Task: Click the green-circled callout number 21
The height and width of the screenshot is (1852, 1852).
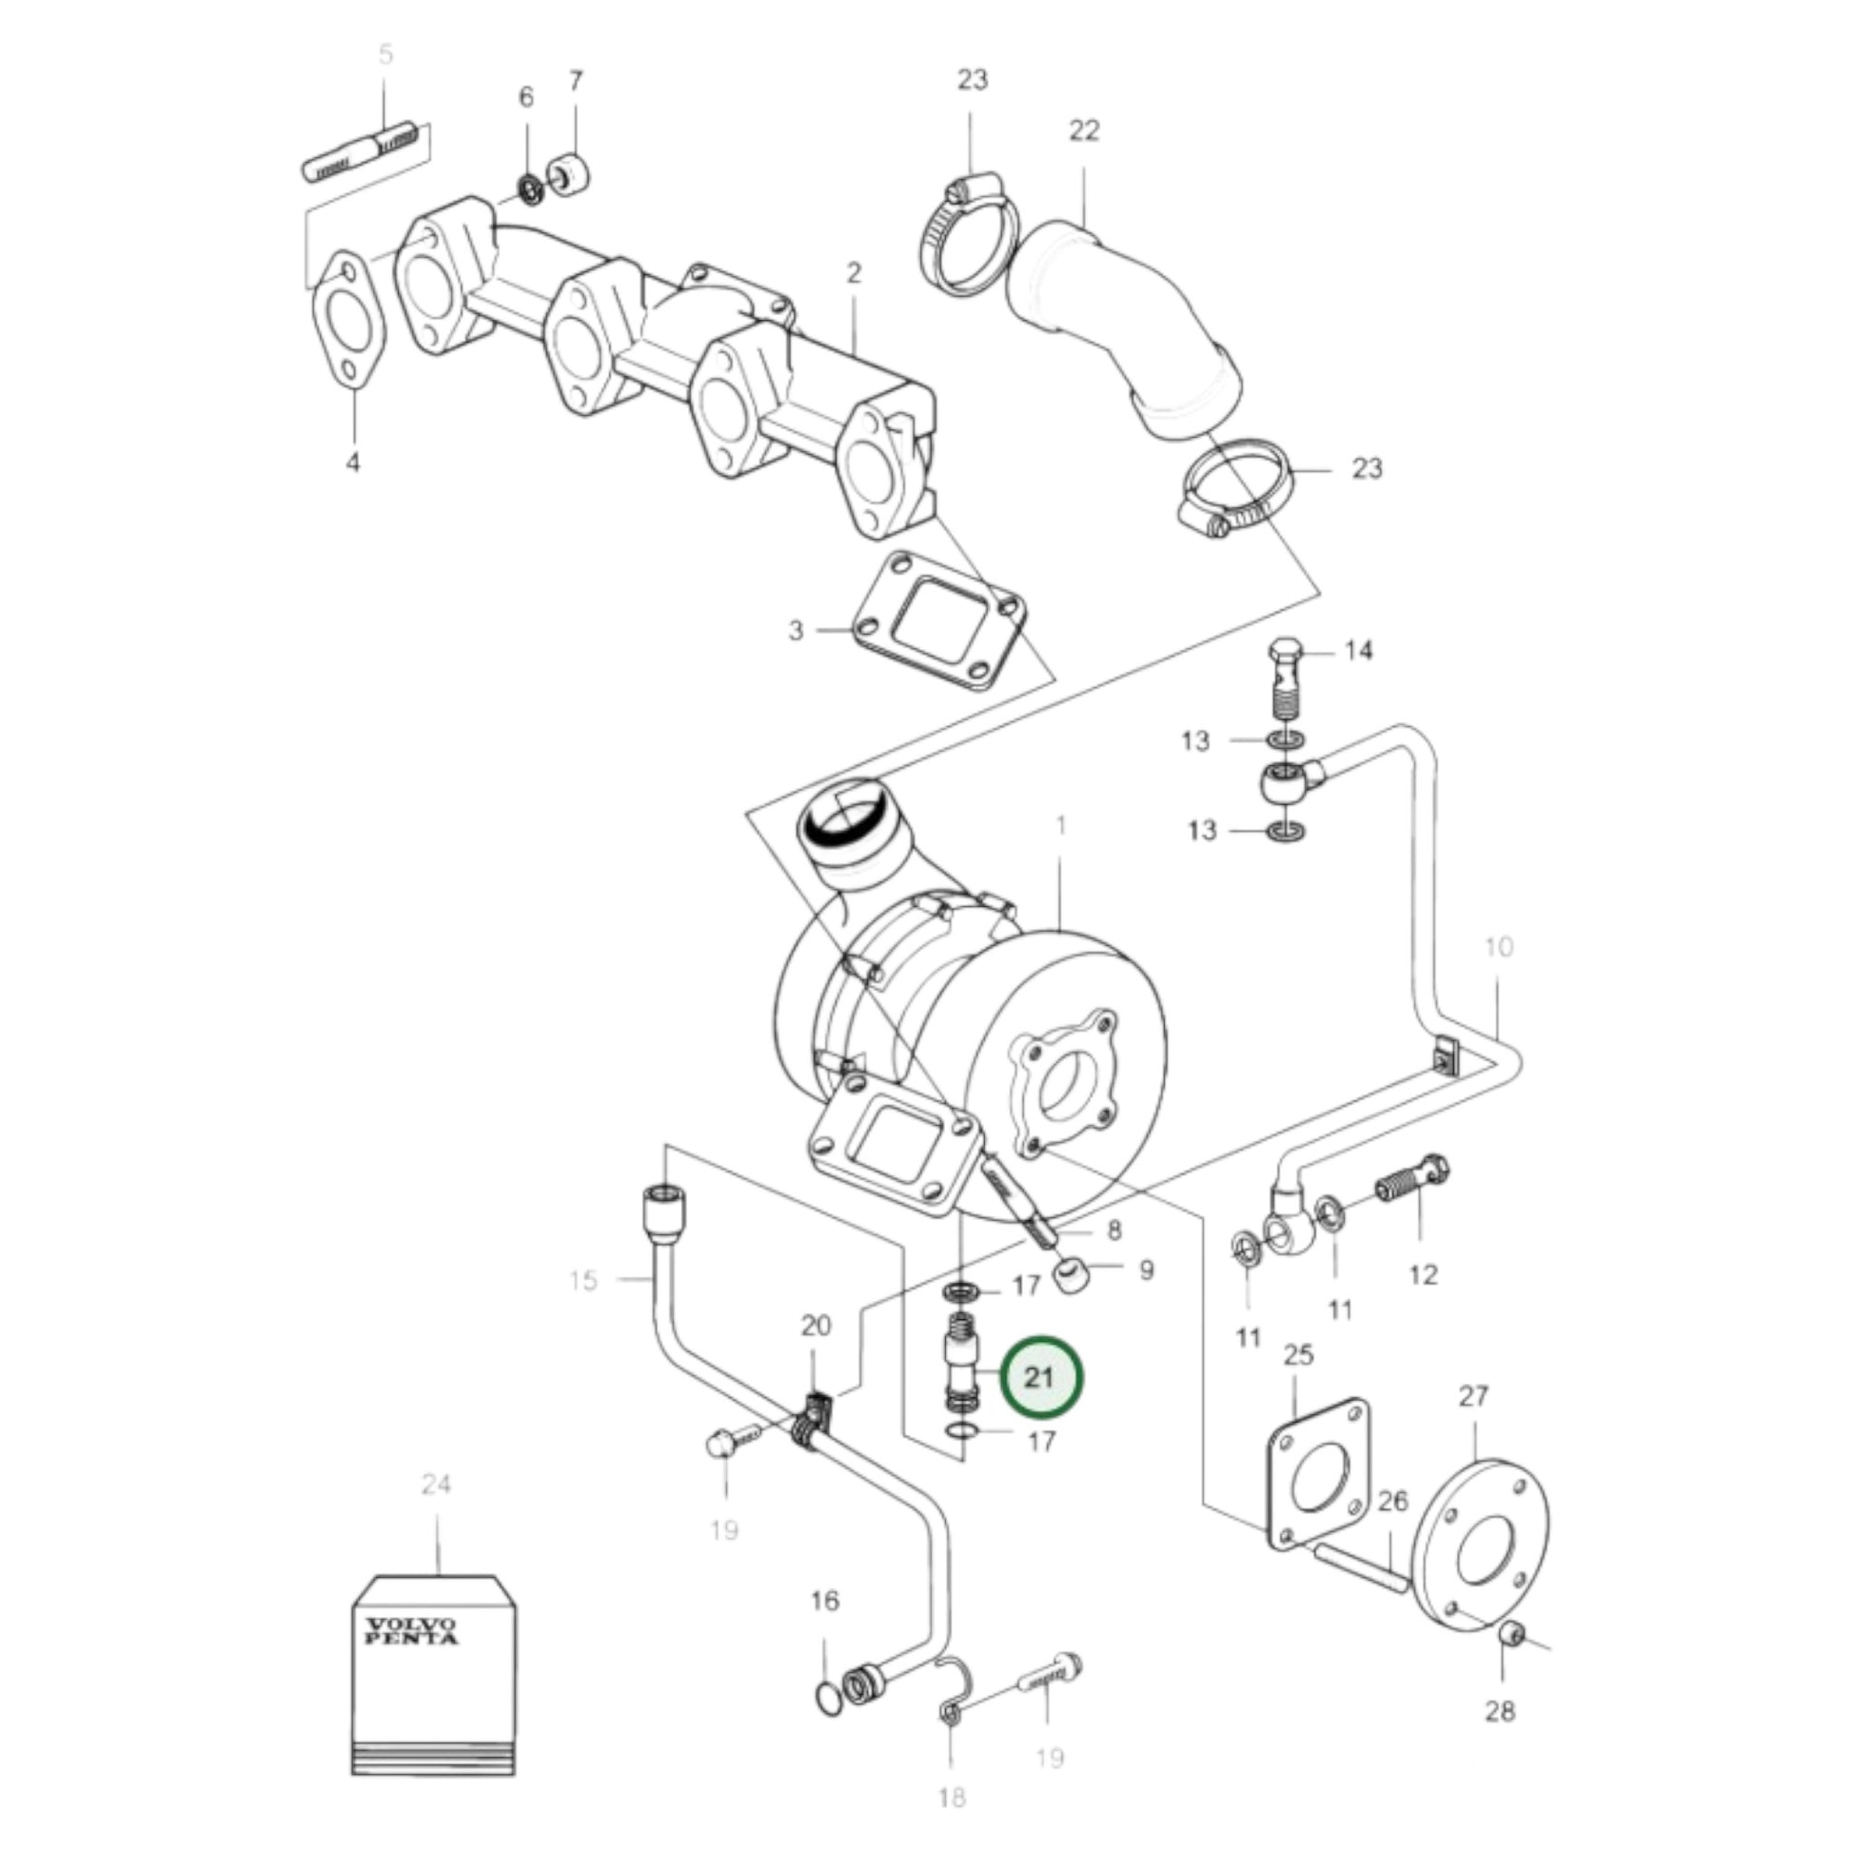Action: [x=1040, y=1377]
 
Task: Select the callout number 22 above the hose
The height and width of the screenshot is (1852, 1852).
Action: [x=1083, y=130]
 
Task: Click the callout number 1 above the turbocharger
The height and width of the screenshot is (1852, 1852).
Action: [x=1060, y=825]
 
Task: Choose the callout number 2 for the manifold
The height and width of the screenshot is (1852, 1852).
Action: [x=853, y=273]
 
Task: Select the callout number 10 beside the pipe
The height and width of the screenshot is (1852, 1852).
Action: [x=1497, y=947]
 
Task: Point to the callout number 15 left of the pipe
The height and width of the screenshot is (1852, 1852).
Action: [x=582, y=1280]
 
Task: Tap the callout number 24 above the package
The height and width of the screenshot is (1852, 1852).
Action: [x=436, y=1485]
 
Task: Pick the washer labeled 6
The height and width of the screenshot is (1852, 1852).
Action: [x=529, y=187]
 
